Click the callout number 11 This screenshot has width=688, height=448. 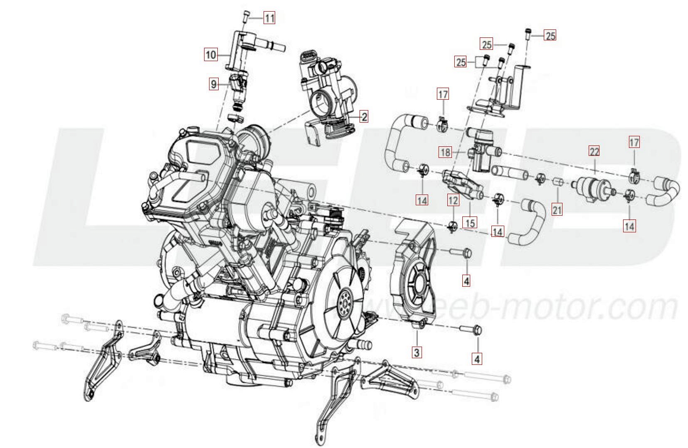click(269, 18)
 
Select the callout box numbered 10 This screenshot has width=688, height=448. click(211, 54)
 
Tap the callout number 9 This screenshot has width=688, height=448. click(214, 84)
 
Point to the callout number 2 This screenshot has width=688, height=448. click(364, 117)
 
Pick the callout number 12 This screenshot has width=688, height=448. click(453, 200)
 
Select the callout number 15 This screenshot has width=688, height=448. click(470, 223)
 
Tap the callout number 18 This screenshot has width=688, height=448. click(445, 153)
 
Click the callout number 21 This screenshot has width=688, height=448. click(557, 210)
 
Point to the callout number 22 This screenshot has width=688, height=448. click(594, 152)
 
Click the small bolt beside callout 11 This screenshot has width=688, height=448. click(246, 17)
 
